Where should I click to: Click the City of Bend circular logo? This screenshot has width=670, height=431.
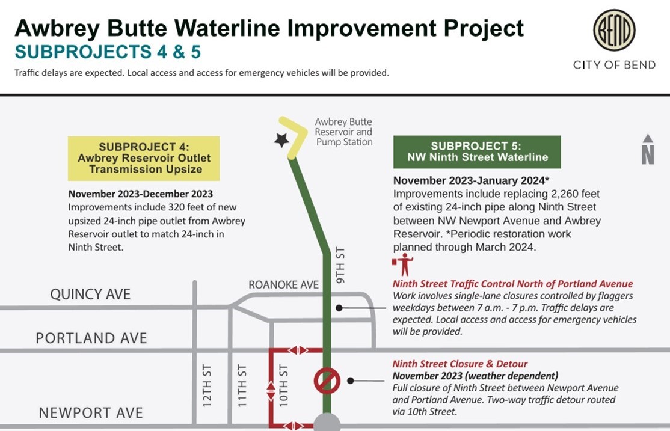click(614, 31)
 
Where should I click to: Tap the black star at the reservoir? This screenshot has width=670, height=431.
click(281, 140)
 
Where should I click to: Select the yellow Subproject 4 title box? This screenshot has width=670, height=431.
click(143, 158)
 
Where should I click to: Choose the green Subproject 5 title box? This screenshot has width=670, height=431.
click(477, 151)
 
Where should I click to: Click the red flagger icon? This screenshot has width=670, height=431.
click(404, 264)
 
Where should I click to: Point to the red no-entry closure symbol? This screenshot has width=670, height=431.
click(327, 380)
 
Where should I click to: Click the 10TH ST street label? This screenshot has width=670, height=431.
click(284, 385)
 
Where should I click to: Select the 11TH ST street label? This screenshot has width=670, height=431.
click(243, 385)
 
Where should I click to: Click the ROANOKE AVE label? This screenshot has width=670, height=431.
click(284, 284)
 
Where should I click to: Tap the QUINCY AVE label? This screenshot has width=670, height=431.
click(90, 294)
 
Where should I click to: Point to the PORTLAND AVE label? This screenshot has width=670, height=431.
click(91, 338)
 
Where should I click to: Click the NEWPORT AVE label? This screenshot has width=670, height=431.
click(91, 413)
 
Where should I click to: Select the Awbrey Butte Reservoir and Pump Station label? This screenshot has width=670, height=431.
click(343, 132)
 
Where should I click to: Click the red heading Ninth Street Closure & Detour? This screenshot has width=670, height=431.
click(460, 364)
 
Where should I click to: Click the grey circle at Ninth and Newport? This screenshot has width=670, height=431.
click(327, 422)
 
